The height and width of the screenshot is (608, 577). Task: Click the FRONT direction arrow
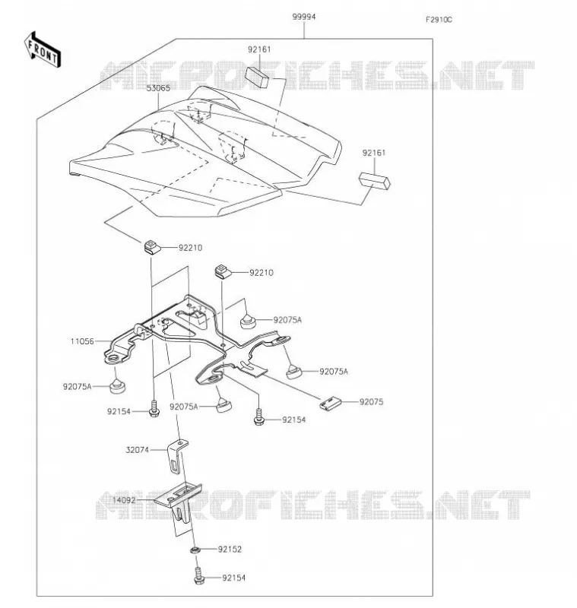click(43, 50)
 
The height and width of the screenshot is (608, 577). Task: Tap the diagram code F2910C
click(439, 20)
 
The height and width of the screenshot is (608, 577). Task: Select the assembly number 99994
click(303, 17)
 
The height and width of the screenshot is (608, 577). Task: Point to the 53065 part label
click(158, 88)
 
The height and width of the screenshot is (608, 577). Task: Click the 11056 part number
click(82, 341)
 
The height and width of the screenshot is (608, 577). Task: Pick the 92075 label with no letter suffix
click(371, 402)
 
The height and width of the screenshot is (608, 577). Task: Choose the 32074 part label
click(138, 450)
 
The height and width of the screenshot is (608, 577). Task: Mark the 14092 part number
click(124, 500)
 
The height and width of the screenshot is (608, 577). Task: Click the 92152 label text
click(230, 549)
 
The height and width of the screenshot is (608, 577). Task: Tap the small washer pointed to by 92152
click(195, 549)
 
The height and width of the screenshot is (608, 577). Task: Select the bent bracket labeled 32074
click(177, 456)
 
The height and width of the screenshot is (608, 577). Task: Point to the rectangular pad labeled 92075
click(331, 404)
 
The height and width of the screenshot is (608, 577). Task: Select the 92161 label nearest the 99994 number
click(259, 49)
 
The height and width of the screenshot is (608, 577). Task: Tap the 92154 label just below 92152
click(234, 578)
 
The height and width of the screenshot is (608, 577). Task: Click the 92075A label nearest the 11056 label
click(78, 387)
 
